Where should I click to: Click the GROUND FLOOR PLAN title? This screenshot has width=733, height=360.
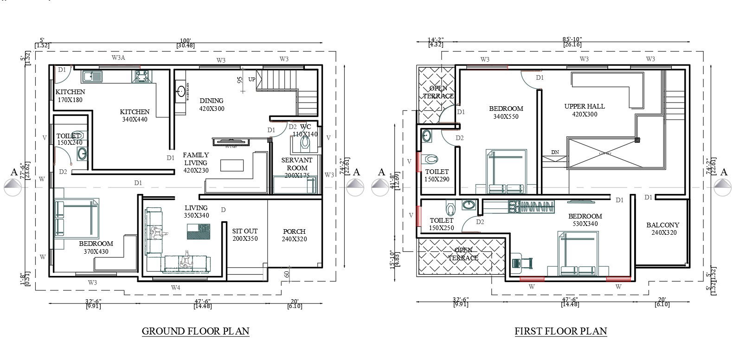[195, 331]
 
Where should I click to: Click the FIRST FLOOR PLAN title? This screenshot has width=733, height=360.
[560, 331]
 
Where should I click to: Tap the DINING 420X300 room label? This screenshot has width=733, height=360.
[212, 105]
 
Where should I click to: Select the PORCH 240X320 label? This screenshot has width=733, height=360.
[294, 235]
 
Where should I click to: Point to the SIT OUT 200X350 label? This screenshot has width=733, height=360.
[245, 235]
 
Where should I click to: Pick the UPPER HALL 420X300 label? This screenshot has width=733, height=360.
[585, 110]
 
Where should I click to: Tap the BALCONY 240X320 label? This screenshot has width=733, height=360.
[662, 229]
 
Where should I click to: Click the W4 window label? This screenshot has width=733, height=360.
[175, 288]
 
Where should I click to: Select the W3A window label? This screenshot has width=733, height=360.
[119, 58]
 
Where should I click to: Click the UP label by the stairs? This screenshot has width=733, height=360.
[252, 79]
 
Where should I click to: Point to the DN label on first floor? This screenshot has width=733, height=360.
[555, 152]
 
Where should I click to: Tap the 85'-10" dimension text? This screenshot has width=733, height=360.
[572, 40]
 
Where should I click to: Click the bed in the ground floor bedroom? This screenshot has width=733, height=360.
[77, 218]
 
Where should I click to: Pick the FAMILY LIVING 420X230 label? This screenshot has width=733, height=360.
[196, 162]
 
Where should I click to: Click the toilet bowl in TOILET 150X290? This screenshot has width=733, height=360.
[430, 159]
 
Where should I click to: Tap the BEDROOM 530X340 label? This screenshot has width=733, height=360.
[585, 220]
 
